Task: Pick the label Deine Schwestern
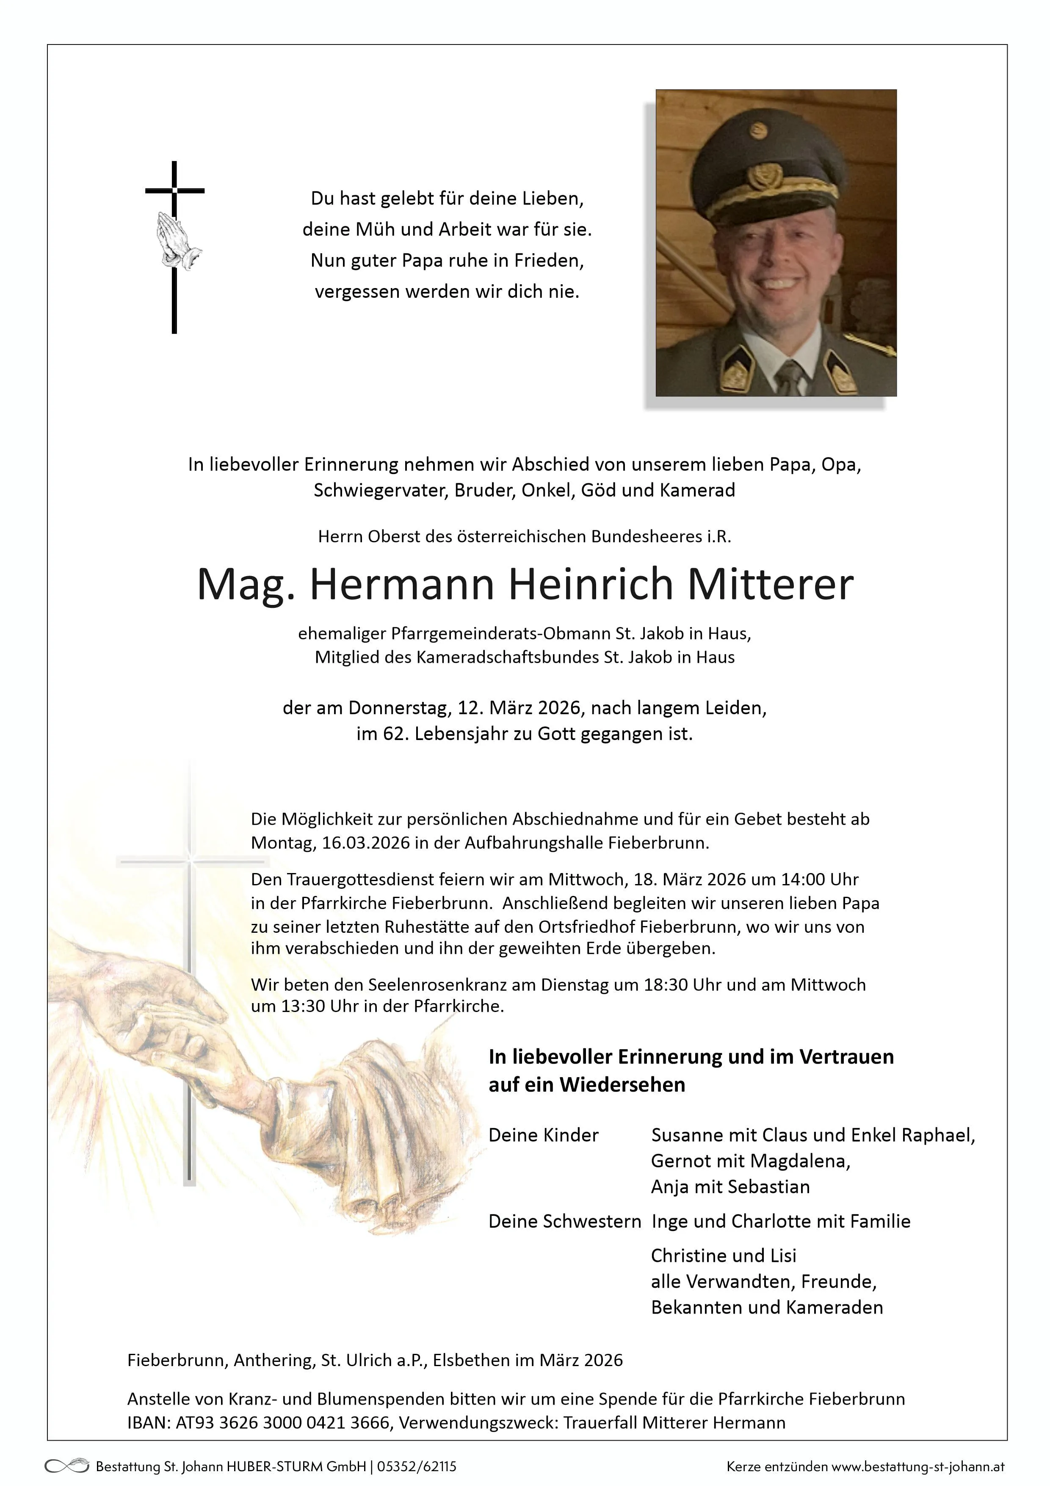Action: click(564, 1221)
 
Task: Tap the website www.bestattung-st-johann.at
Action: click(918, 1466)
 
